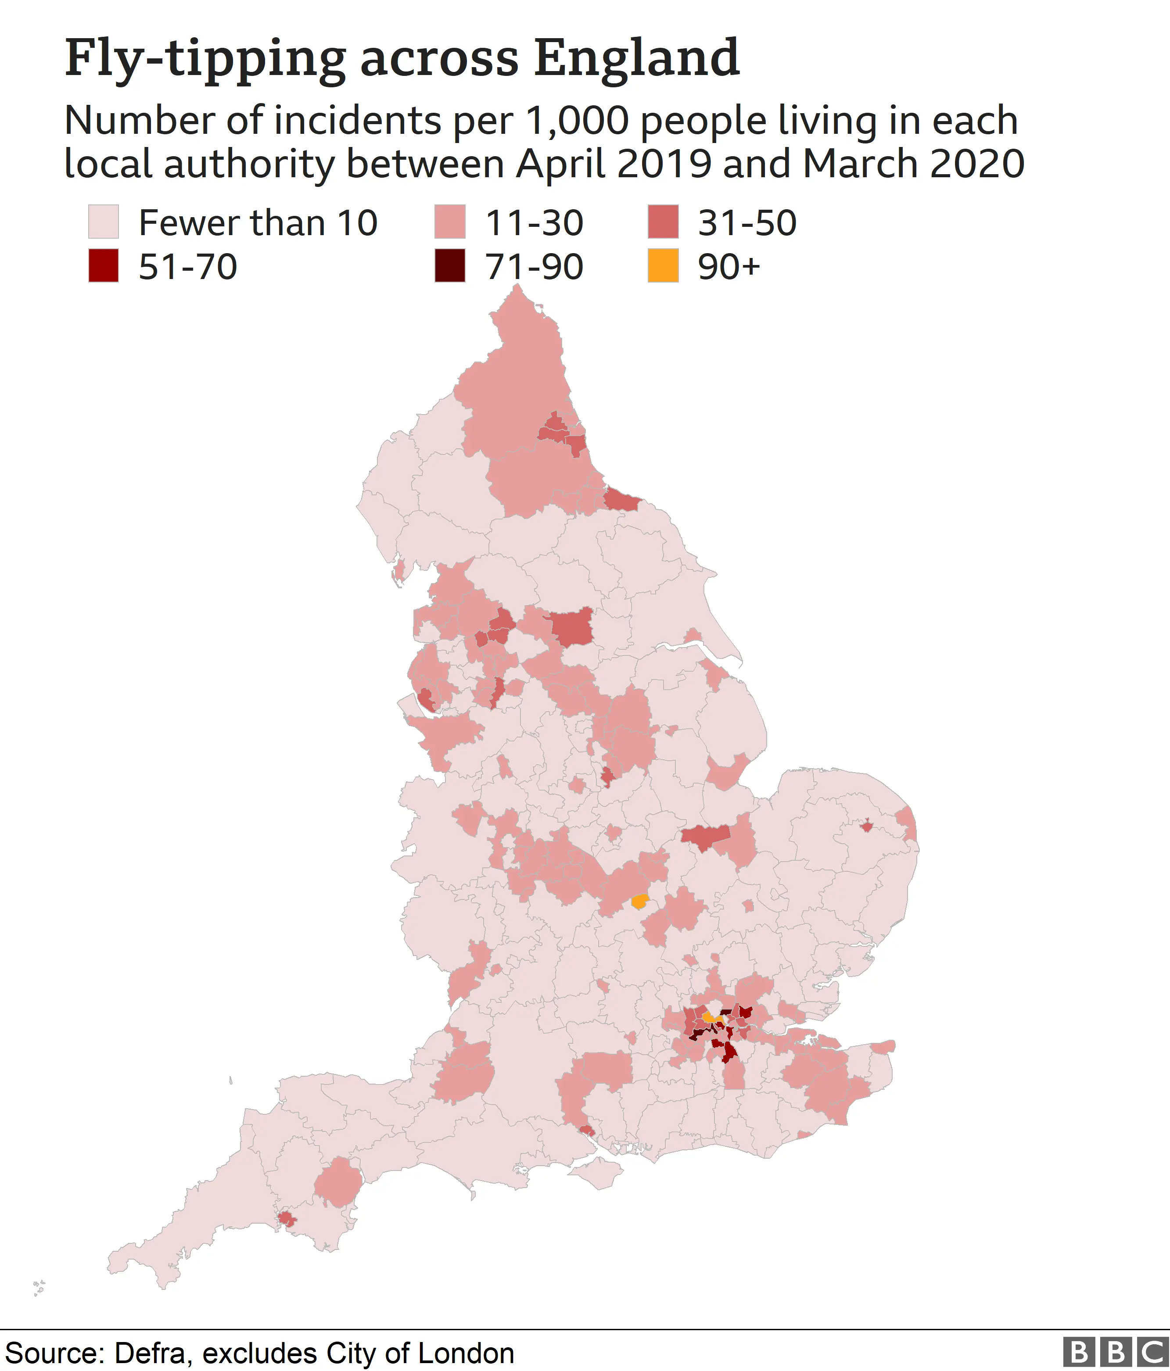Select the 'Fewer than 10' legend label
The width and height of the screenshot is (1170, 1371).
(x=258, y=223)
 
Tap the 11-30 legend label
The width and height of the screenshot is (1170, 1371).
(x=534, y=223)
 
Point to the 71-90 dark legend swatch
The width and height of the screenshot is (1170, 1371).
(x=449, y=266)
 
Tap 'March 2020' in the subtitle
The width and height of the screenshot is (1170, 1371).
(x=913, y=164)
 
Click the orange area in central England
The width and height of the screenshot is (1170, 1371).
(x=639, y=901)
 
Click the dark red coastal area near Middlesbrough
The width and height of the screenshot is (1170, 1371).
(x=621, y=500)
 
